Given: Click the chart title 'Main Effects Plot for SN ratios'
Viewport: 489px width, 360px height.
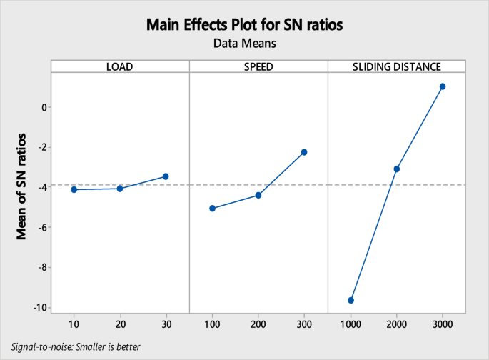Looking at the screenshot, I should coord(244,25).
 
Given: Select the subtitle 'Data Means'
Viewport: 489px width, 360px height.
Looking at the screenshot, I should coord(244,44).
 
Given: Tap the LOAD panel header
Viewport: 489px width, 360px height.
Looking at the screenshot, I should coord(120,67).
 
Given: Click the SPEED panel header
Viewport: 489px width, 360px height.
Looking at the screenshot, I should coord(258,67).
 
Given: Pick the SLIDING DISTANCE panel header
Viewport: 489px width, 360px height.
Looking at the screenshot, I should coord(396,67).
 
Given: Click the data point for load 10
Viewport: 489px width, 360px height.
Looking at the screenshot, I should coord(74,189).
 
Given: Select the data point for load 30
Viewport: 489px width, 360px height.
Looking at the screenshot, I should coord(166,176).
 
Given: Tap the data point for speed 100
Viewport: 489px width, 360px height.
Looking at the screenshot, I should coord(212,209).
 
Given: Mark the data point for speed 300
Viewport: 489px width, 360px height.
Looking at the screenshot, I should coord(304,152).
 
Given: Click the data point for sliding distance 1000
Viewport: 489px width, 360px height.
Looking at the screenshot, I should coord(351,301).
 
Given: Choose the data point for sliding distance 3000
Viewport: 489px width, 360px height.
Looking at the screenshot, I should coord(443,86).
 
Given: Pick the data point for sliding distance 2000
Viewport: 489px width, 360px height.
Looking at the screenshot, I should coord(397,169).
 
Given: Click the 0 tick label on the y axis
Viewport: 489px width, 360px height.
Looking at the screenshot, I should coord(44,107).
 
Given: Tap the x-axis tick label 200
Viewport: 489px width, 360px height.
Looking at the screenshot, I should coord(258,324).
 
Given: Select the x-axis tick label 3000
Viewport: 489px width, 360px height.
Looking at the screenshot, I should coord(443,324).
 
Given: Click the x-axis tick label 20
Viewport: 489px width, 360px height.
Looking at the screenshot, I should coord(120,324).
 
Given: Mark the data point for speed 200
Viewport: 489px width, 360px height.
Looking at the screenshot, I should coord(258,195).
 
